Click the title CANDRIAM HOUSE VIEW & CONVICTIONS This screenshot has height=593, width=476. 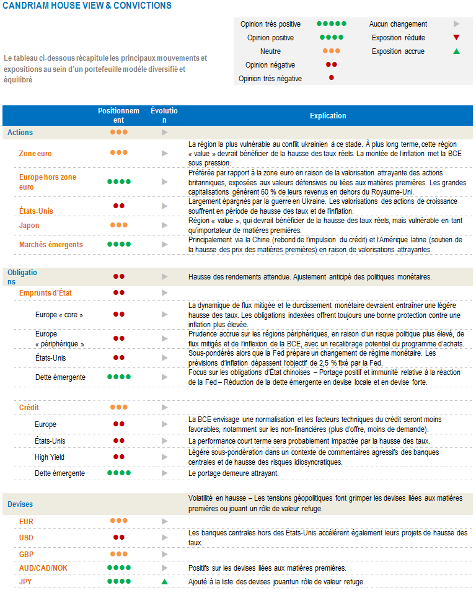tap(87, 6)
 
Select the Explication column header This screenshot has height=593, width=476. tap(328, 116)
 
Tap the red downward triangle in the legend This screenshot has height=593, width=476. tap(456, 38)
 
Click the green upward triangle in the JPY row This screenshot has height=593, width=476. tap(164, 582)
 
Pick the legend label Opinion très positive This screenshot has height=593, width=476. tap(270, 24)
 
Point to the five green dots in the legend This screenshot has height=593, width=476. tap(332, 24)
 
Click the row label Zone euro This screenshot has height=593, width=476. tap(35, 153)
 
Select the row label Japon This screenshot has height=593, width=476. tap(29, 226)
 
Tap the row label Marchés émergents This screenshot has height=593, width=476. tap(51, 245)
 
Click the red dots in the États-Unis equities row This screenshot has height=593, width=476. tap(119, 206)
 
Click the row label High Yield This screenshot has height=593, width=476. tap(50, 457)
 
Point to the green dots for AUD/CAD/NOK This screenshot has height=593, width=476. tap(119, 568)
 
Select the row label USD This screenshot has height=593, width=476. tap(27, 537)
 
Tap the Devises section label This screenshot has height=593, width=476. tap(20, 504)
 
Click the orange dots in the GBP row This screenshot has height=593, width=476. tap(119, 553)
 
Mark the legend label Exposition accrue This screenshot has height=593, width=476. tap(398, 51)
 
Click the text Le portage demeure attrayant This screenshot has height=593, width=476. tap(234, 473)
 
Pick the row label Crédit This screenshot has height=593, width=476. tap(30, 408)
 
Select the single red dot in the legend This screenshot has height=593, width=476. tap(332, 78)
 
